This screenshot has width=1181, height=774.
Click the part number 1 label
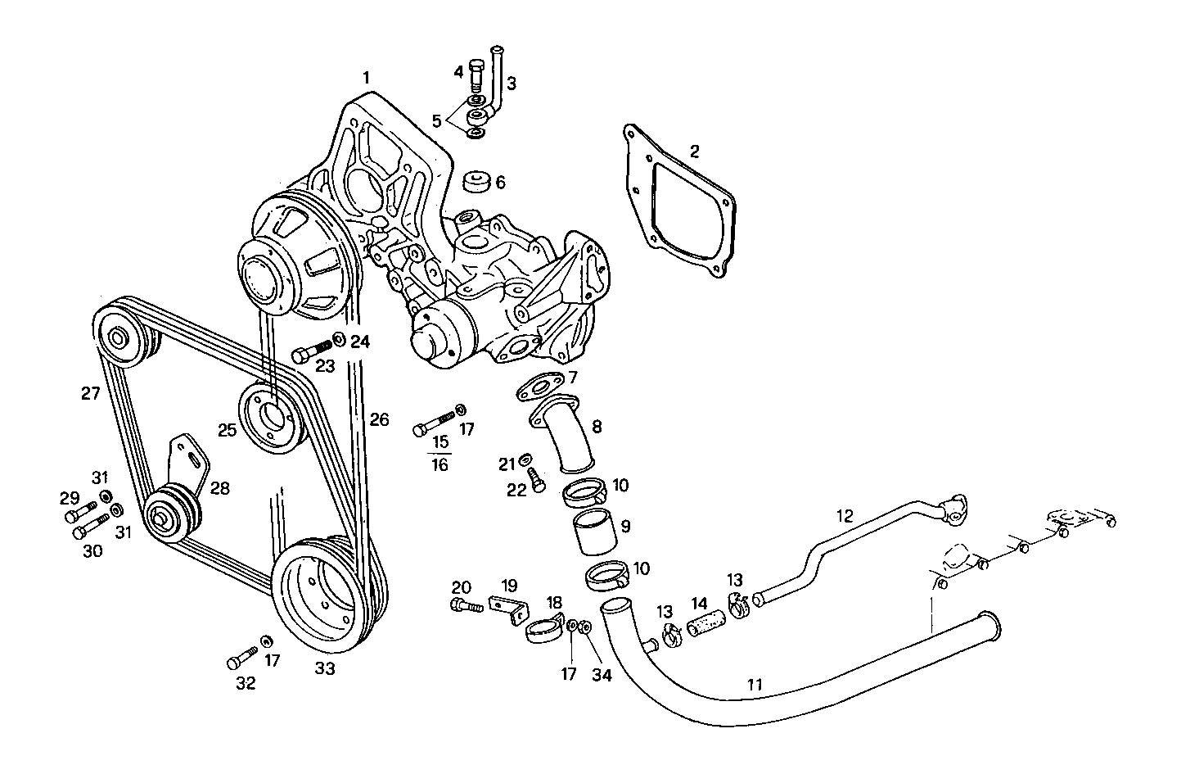[367, 78]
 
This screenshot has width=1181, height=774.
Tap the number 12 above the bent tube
[845, 516]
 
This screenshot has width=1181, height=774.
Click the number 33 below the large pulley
[325, 668]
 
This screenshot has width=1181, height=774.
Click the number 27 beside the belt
[90, 393]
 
